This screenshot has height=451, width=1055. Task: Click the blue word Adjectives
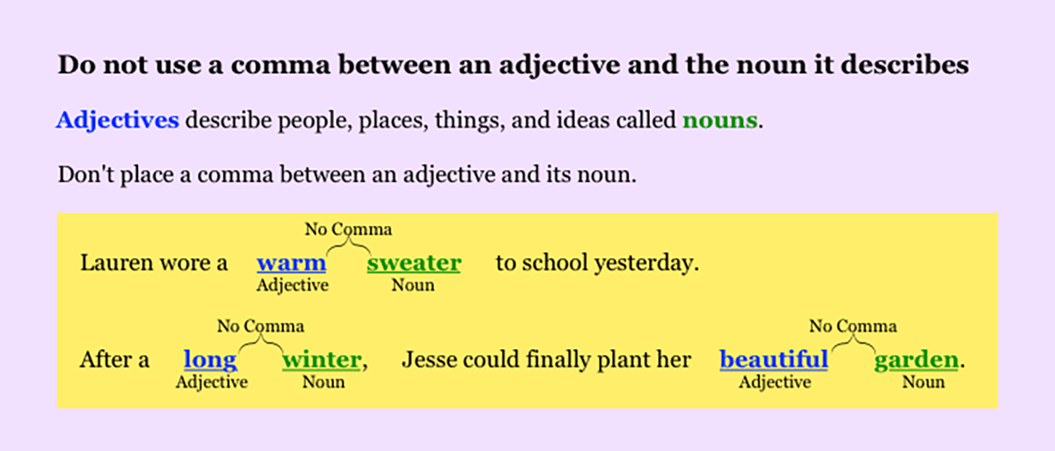point(117,120)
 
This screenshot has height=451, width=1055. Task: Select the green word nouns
point(719,120)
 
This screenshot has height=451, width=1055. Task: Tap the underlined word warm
point(291,263)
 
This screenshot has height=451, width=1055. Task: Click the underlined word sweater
point(413,263)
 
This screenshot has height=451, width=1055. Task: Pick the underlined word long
point(209,360)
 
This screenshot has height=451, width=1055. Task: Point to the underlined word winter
point(321,360)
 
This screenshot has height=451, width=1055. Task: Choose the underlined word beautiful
point(774,360)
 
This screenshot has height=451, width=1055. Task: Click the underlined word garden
point(915,360)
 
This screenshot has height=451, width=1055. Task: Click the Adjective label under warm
point(292,285)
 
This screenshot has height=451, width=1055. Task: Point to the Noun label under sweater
point(413,285)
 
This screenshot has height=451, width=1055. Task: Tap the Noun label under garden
point(923,382)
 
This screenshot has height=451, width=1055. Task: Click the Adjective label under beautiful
point(775,382)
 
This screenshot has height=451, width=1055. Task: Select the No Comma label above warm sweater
point(348,230)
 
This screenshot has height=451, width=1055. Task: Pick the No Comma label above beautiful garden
point(853,327)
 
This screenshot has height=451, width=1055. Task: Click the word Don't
point(82,174)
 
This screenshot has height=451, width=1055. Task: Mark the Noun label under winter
point(324,382)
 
